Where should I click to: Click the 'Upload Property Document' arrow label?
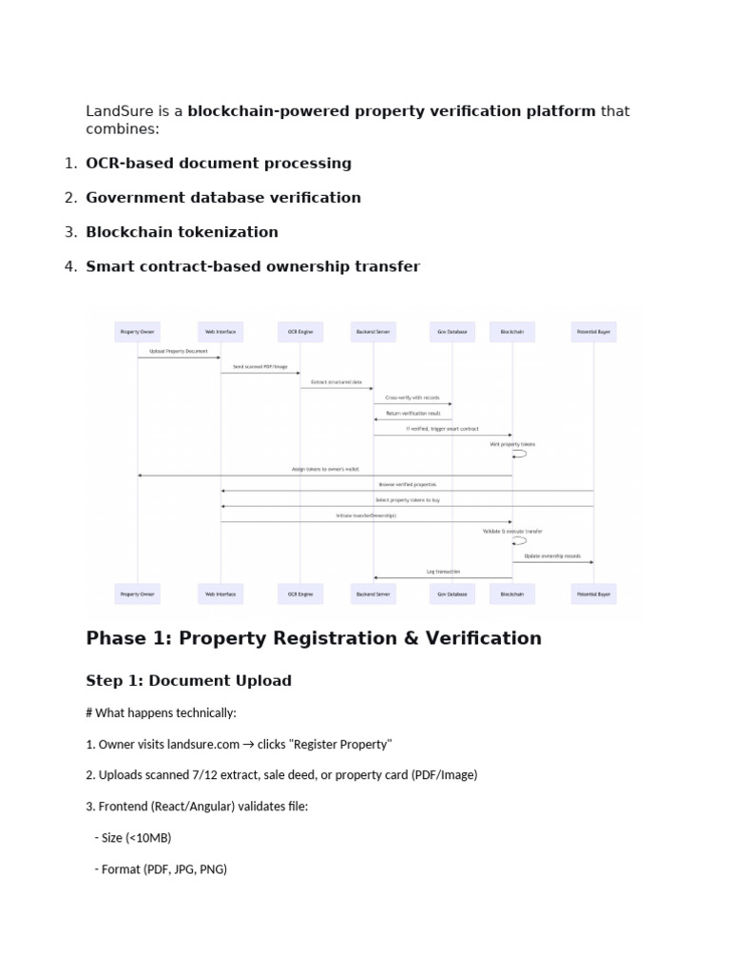point(179,351)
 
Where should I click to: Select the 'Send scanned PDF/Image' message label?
point(259,366)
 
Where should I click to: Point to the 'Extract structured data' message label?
point(337,381)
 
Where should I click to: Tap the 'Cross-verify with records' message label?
point(413,397)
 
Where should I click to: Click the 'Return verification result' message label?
point(413,413)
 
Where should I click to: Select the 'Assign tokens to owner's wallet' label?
point(325,469)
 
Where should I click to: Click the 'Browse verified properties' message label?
point(406,484)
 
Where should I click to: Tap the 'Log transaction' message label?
point(442,572)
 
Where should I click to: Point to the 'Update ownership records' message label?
point(553,556)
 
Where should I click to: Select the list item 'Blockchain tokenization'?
point(182,232)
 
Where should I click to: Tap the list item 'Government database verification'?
point(223,198)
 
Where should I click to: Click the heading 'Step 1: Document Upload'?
point(188,681)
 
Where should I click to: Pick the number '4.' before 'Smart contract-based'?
point(70,266)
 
